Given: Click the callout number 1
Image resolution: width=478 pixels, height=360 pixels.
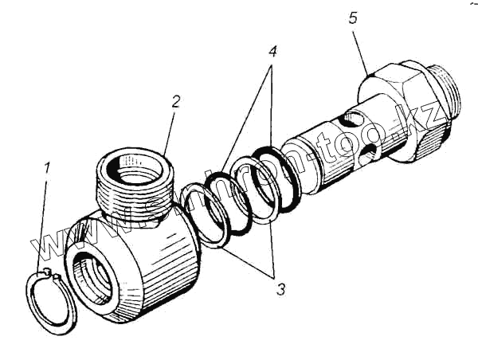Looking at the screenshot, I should pos(47,169).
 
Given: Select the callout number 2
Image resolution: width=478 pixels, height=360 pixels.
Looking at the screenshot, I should pos(176,102).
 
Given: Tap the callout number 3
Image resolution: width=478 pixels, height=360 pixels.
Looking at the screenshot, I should pos(280,290).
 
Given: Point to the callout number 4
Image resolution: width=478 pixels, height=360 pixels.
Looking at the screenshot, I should pos(272,53).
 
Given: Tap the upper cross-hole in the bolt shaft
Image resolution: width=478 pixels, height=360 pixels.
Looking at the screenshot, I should pos(351,122).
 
